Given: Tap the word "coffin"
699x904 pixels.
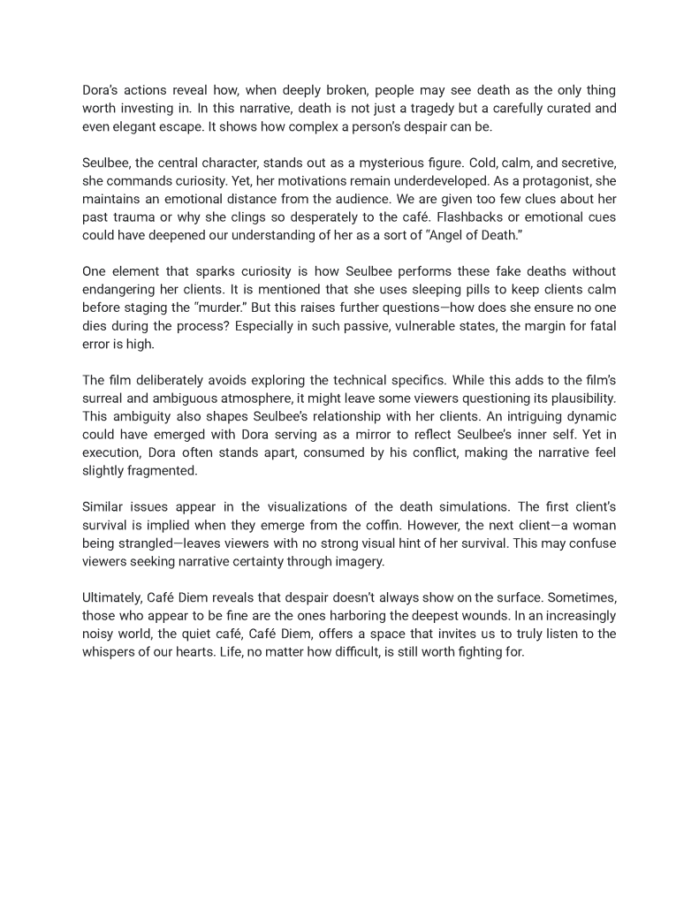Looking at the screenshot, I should tap(389, 525).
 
